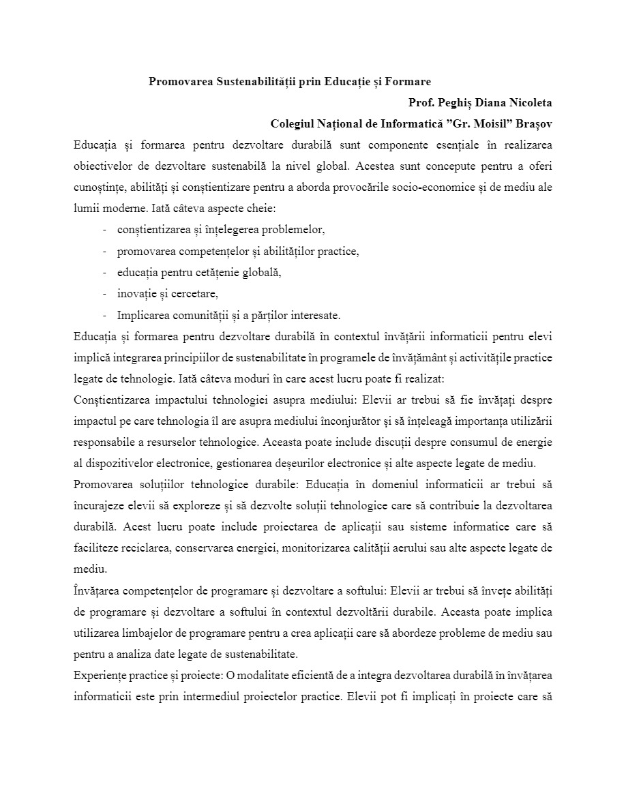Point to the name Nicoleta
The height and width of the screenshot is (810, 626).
530,103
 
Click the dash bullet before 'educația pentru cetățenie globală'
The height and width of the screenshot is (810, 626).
105,273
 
